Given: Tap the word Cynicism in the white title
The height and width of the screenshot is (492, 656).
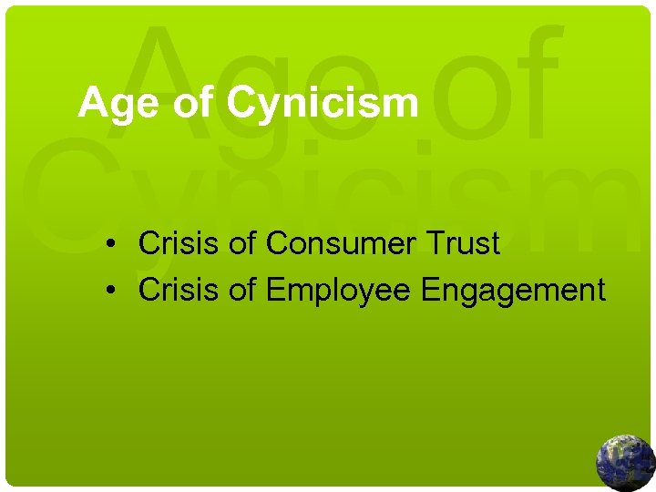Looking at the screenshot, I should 323,104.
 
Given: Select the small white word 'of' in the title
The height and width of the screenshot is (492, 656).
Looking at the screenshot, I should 191,104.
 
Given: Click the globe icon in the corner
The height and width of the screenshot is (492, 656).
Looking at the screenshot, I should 625,462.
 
